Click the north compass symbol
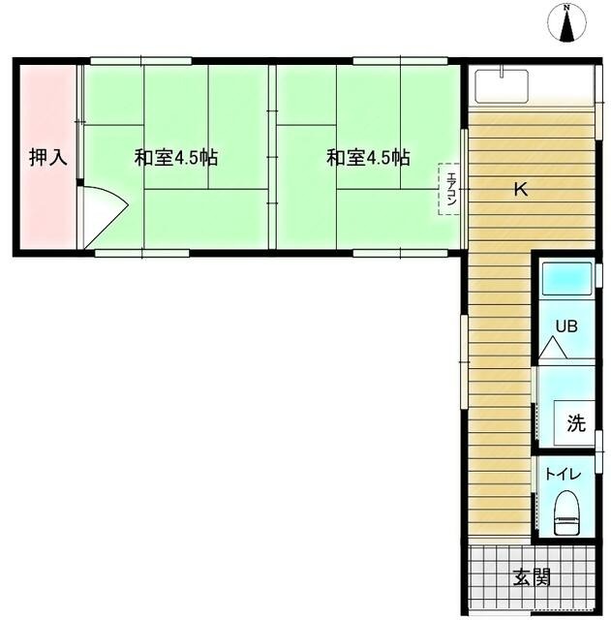[567, 23]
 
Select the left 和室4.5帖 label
[175, 157]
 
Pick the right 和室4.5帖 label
[367, 157]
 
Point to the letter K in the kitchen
[520, 191]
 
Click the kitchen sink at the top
[502, 84]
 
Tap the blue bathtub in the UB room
[566, 280]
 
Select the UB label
[565, 325]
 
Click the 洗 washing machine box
[574, 422]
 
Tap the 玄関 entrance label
[532, 578]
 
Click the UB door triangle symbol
[553, 349]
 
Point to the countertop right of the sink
[562, 86]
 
